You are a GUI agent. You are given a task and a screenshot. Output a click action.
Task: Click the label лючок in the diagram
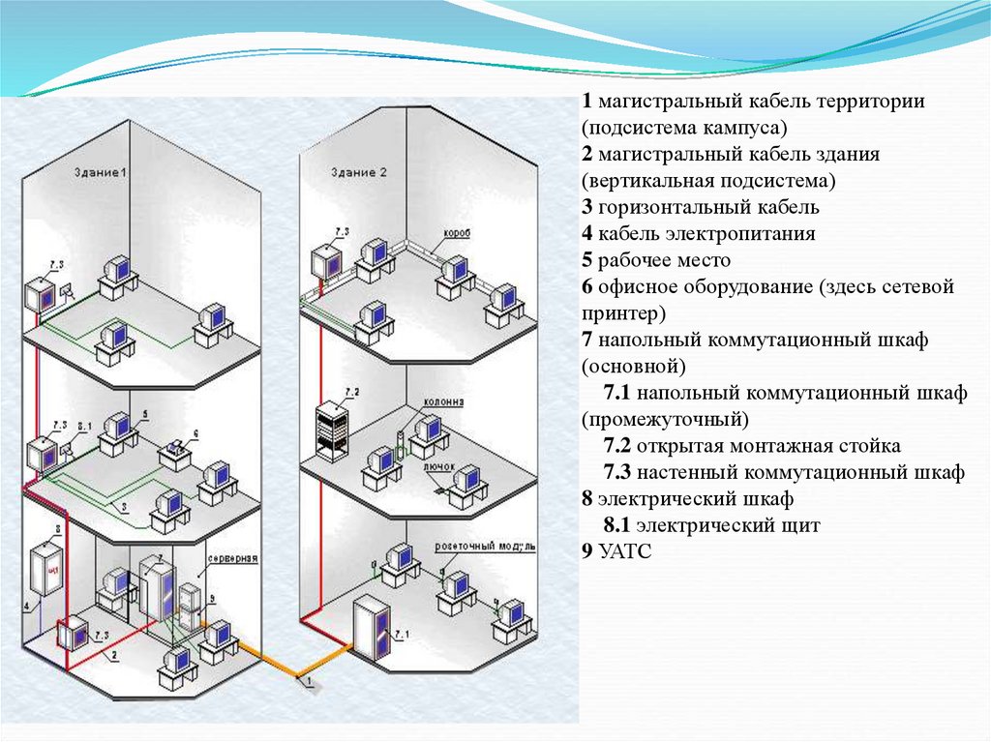click(x=437, y=465)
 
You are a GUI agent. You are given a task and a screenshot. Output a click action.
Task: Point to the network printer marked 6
click(x=175, y=451)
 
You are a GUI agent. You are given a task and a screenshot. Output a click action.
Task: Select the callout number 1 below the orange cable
click(x=308, y=683)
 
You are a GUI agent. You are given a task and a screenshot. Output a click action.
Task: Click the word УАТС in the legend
click(x=624, y=553)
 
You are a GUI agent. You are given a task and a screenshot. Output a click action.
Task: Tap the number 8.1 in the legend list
click(x=617, y=526)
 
